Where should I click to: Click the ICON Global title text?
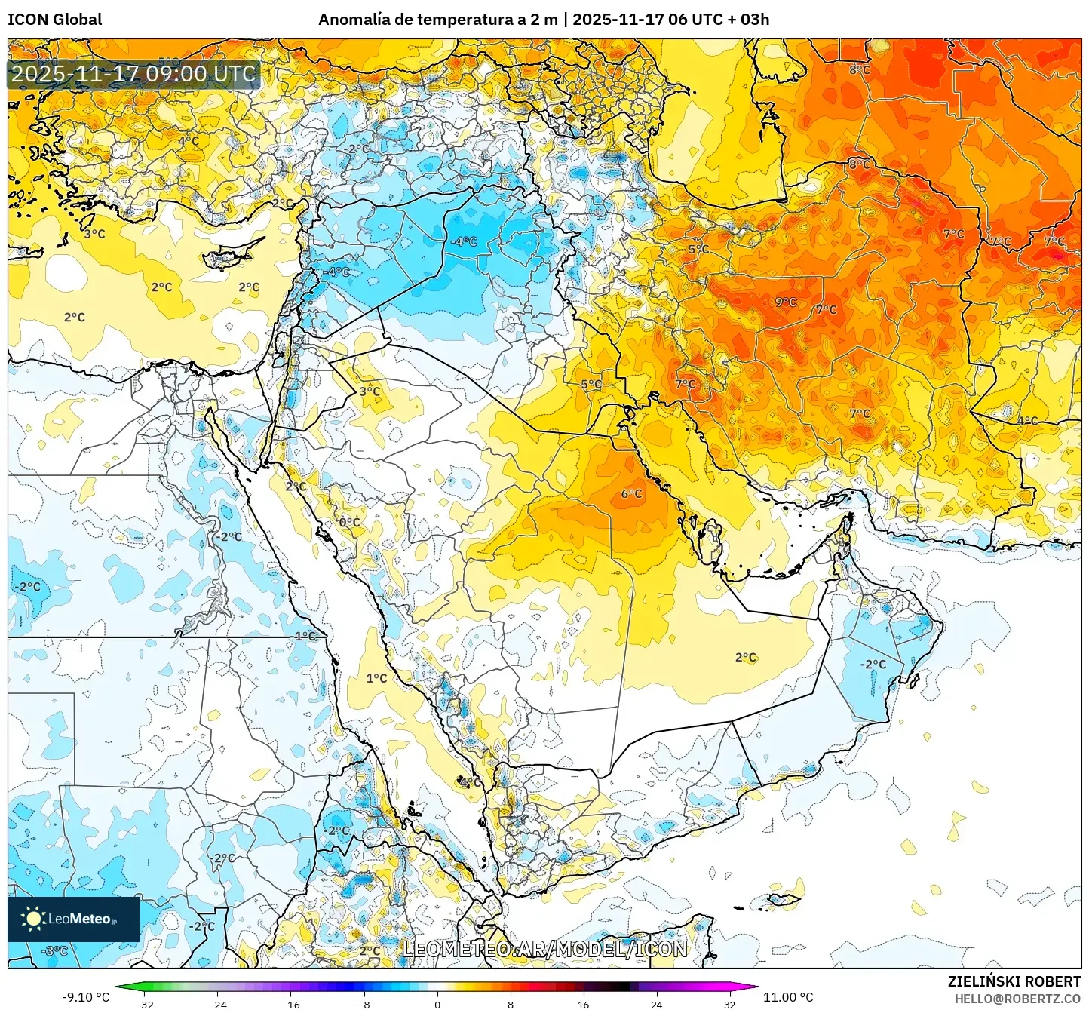[55, 20]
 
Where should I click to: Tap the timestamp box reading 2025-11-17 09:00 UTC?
[133, 74]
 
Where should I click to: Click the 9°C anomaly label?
[786, 302]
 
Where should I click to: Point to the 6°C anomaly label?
[631, 494]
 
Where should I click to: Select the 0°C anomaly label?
[349, 522]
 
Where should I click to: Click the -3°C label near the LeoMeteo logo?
[55, 951]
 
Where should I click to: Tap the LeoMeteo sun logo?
[33, 918]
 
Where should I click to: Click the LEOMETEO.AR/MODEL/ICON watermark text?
[544, 949]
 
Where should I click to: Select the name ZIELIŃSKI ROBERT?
[1014, 981]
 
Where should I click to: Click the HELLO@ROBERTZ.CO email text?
[1017, 999]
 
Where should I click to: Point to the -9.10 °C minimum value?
[85, 997]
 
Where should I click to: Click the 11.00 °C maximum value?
[788, 997]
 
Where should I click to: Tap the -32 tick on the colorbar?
[145, 1004]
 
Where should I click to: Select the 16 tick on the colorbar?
[583, 1004]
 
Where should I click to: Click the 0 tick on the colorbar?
[437, 1004]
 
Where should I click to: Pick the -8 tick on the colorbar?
[364, 1004]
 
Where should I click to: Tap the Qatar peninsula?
[711, 537]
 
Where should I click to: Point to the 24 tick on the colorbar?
[656, 1004]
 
